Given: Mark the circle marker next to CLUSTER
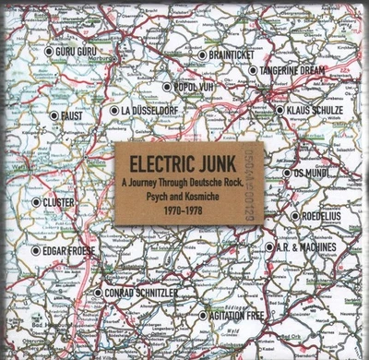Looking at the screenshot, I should pos(35,201).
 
